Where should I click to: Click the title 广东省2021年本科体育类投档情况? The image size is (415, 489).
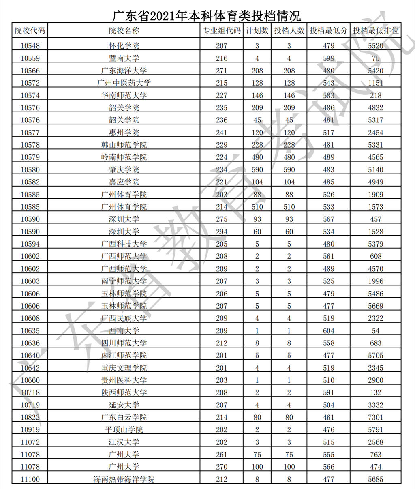207,16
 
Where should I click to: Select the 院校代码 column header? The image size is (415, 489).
30,30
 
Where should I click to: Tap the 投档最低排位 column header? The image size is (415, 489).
376,30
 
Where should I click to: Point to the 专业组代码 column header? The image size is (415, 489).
222,30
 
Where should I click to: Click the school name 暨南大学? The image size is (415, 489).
124,58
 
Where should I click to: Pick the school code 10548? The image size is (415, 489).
30,46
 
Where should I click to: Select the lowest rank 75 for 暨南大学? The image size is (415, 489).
376,58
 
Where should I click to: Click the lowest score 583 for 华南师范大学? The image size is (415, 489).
329,95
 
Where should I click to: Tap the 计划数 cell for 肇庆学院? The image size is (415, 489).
257,169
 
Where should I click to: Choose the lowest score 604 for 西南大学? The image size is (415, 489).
329,330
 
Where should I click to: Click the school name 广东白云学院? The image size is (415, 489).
124,417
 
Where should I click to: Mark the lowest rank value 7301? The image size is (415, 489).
376,417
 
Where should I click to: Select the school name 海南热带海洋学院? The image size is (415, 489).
124,479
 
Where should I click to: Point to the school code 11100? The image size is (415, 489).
30,479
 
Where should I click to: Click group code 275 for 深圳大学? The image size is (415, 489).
222,219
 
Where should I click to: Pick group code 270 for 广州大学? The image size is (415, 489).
222,467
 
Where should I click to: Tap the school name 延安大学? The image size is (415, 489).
124,405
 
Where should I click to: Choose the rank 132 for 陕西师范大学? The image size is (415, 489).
376,392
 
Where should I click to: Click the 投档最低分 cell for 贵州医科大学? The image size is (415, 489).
329,380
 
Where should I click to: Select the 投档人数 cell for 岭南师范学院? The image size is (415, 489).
289,157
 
